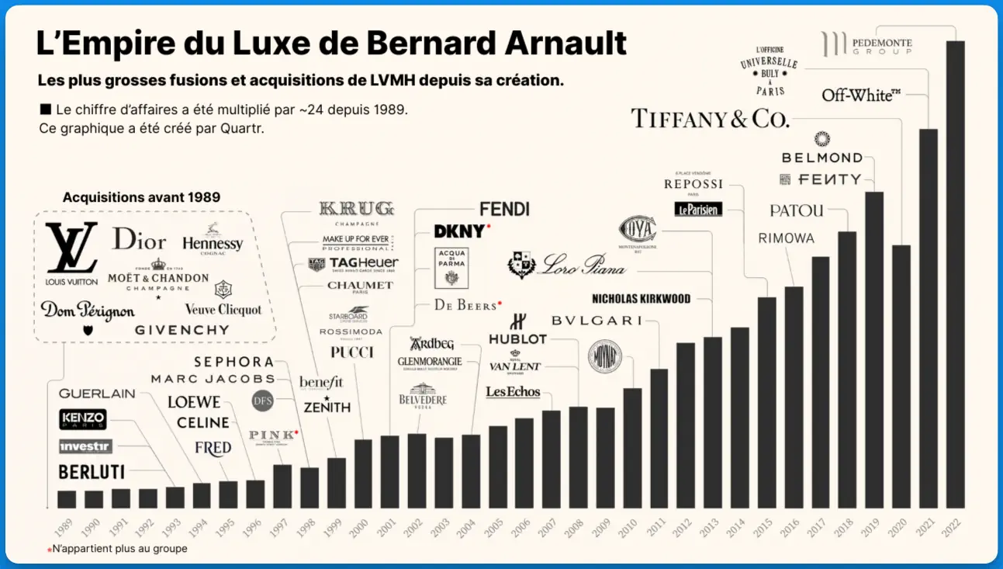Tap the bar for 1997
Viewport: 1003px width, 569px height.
coord(282,486)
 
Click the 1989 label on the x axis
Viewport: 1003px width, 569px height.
coord(65,523)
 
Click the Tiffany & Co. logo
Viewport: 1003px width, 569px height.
coord(710,118)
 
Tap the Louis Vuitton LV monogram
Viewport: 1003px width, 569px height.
coord(71,248)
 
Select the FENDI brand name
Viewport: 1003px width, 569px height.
coord(504,209)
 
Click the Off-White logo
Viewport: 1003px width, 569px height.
coord(861,95)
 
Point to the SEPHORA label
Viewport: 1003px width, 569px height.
coord(233,362)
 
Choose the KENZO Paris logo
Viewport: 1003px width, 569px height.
coord(83,420)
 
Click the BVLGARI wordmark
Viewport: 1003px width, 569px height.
coord(597,321)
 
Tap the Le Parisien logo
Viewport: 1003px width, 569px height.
coord(698,209)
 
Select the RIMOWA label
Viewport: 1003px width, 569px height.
coord(787,238)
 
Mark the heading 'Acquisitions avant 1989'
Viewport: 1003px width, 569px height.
coord(141,197)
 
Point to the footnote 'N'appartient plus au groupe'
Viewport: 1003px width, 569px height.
coord(119,549)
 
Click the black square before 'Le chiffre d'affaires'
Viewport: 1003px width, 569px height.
coord(45,109)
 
